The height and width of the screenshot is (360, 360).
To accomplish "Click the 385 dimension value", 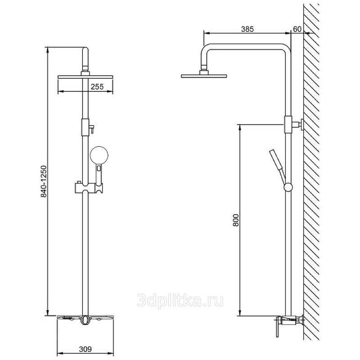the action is pyautogui.click(x=247, y=29).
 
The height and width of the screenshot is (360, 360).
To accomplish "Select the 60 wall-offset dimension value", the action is pyautogui.click(x=297, y=29).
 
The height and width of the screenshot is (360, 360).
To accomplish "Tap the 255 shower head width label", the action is pyautogui.click(x=97, y=87).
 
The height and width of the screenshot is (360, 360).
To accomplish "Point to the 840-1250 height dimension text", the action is pyautogui.click(x=44, y=182).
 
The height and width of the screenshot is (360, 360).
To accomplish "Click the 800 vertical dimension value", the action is pyautogui.click(x=236, y=220).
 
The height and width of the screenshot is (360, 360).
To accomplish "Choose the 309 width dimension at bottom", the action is pyautogui.click(x=85, y=349).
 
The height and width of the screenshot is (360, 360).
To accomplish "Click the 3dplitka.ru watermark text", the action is pyautogui.click(x=180, y=301).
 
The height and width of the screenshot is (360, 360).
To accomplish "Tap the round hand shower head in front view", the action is pyautogui.click(x=99, y=155).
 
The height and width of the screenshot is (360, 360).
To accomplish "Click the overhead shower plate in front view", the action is pyautogui.click(x=85, y=77).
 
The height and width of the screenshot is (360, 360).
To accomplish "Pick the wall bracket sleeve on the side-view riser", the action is pyautogui.click(x=288, y=125).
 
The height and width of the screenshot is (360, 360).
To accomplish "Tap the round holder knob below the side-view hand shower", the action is pyautogui.click(x=288, y=187).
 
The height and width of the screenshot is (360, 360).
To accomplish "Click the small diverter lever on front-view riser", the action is pyautogui.click(x=91, y=129).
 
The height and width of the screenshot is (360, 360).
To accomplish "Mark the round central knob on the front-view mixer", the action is pyautogui.click(x=85, y=319).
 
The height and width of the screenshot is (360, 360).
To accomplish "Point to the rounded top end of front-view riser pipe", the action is pyautogui.click(x=85, y=49).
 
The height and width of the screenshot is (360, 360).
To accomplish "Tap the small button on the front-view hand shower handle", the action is pyautogui.click(x=99, y=168).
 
